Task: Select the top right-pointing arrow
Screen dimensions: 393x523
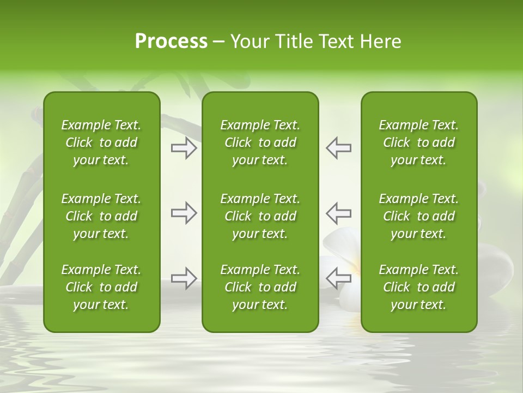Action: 184,148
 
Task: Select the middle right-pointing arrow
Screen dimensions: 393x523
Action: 184,213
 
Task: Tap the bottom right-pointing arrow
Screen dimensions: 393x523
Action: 184,278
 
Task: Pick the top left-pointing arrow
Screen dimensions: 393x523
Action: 338,148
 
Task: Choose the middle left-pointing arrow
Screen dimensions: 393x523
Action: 338,213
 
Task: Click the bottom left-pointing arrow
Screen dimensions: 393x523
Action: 338,278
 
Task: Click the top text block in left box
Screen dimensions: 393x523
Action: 101,142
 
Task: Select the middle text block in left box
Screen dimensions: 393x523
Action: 101,216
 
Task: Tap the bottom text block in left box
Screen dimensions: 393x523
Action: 101,287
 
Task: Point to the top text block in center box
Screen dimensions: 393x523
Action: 260,142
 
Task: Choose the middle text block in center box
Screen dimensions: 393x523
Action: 260,216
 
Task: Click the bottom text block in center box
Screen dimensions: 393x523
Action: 260,287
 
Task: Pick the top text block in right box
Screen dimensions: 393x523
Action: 418,142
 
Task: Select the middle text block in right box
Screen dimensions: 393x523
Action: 418,216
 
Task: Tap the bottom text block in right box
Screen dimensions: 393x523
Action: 418,287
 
